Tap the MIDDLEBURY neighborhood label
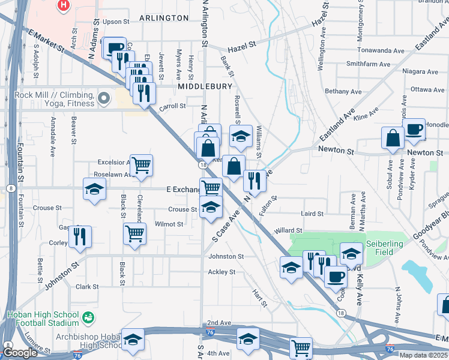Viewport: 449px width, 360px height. click(x=205, y=86)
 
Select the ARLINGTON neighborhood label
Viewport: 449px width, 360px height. click(x=164, y=18)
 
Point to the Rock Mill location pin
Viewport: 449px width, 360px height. click(x=104, y=97)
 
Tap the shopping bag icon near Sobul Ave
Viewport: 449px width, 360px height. click(x=393, y=137)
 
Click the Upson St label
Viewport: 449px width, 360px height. click(x=116, y=22)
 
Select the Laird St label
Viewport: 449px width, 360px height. click(x=312, y=214)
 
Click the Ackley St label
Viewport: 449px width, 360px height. click(x=221, y=272)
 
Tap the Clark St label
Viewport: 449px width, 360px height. click(x=87, y=287)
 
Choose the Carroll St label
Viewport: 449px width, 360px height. click(x=173, y=106)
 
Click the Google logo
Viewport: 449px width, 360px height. click(x=20, y=353)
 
